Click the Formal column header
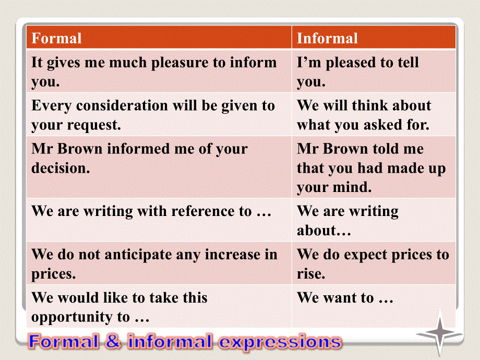pos(57,38)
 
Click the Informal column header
pos(327,38)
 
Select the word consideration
pos(122,105)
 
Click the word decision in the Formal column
pos(61,168)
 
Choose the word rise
pos(311,273)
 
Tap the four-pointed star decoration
pos(440,331)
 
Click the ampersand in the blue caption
pos(113,341)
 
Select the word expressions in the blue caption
pos(280,342)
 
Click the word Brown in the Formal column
pos(80,149)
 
